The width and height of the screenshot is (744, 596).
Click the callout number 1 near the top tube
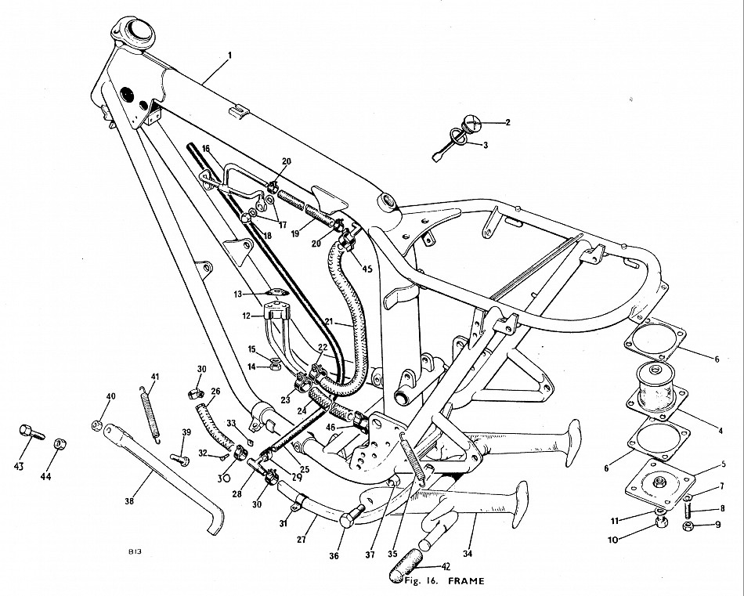[229, 56]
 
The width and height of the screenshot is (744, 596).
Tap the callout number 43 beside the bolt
[19, 467]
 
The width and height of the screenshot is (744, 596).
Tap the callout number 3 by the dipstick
[486, 146]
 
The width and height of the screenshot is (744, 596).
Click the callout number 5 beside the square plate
[723, 464]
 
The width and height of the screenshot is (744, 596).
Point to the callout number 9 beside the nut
[718, 525]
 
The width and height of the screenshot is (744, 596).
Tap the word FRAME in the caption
[467, 581]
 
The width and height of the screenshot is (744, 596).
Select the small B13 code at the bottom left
[135, 552]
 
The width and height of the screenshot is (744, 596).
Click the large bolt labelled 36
[352, 516]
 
